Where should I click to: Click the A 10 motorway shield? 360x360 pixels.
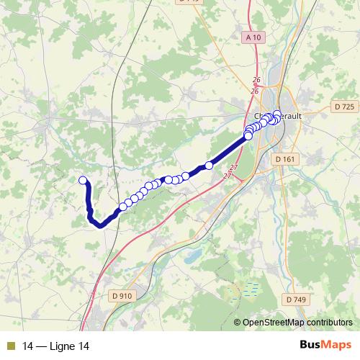tap(251, 37)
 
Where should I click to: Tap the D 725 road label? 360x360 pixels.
tap(346, 107)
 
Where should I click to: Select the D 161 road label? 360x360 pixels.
tap(286, 158)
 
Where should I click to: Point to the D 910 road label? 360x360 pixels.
tap(122, 295)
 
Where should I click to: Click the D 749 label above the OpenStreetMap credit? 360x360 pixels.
tap(296, 299)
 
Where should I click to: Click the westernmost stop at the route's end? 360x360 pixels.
tap(83, 181)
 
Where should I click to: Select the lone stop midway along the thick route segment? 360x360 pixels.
tap(210, 166)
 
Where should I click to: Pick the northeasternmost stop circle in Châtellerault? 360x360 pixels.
tap(277, 113)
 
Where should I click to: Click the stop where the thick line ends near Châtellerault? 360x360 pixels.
tap(248, 135)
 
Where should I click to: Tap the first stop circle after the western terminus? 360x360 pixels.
tap(123, 207)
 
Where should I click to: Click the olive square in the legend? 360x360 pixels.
tap(10, 346)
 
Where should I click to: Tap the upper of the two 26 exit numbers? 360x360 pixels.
tap(256, 80)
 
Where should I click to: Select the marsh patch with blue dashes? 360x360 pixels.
tap(248, 290)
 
